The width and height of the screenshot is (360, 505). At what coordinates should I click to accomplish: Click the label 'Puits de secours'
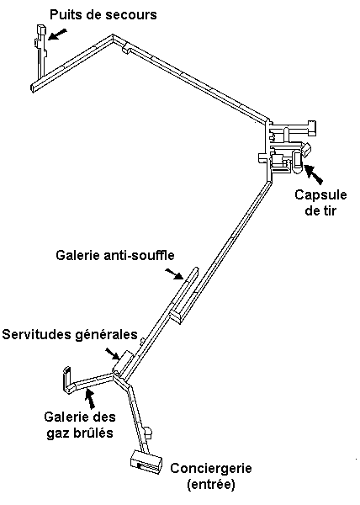coord(103,15)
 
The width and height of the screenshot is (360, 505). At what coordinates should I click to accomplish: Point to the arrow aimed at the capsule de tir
coord(314,174)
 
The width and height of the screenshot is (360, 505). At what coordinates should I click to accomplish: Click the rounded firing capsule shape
coord(298,162)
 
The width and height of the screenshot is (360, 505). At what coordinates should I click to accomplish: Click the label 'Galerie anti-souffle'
coord(115,255)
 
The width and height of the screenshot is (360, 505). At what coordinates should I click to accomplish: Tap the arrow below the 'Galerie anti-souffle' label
coord(174,274)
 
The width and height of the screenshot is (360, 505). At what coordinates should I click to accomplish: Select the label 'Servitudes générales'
coord(70,335)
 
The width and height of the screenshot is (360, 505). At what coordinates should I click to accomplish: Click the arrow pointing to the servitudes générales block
coord(113,353)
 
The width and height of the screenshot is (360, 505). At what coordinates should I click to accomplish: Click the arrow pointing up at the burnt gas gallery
coord(90,399)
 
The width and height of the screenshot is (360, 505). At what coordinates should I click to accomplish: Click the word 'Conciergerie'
coord(211,468)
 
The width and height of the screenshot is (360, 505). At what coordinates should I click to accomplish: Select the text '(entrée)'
coord(211,485)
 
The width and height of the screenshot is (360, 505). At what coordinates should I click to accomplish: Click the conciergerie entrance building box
coord(146,462)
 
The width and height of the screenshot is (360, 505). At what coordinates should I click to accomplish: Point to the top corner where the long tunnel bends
coord(113,35)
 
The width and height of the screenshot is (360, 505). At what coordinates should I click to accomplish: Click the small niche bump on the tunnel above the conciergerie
coord(148,431)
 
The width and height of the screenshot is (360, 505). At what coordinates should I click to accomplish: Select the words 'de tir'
coord(320,210)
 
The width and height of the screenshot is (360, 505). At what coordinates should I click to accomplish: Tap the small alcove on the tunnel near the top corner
coord(126,50)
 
